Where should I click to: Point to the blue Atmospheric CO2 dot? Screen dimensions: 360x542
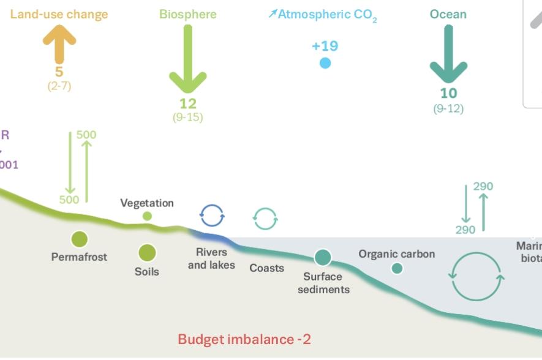point(325,62)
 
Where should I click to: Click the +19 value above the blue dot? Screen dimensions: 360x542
point(325,46)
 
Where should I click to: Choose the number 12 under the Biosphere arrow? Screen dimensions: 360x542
point(187,103)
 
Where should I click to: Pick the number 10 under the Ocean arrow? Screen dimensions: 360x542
point(448,94)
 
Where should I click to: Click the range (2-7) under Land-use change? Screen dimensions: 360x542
point(59,86)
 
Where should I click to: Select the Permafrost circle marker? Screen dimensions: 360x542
point(79,239)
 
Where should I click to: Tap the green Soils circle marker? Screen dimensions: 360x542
point(147,252)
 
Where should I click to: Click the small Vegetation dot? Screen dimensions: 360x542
point(147,216)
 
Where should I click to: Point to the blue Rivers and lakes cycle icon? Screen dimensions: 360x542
point(212,216)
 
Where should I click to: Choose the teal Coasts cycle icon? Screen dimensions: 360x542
point(265,218)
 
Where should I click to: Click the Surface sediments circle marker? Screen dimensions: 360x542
point(323,258)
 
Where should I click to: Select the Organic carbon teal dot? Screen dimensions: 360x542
point(397,268)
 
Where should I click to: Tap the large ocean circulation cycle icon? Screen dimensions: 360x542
point(476,277)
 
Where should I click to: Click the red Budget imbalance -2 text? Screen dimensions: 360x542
point(244,339)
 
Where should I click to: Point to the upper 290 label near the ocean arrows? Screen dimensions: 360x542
point(483,186)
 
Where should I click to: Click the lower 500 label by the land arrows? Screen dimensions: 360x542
point(69,200)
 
